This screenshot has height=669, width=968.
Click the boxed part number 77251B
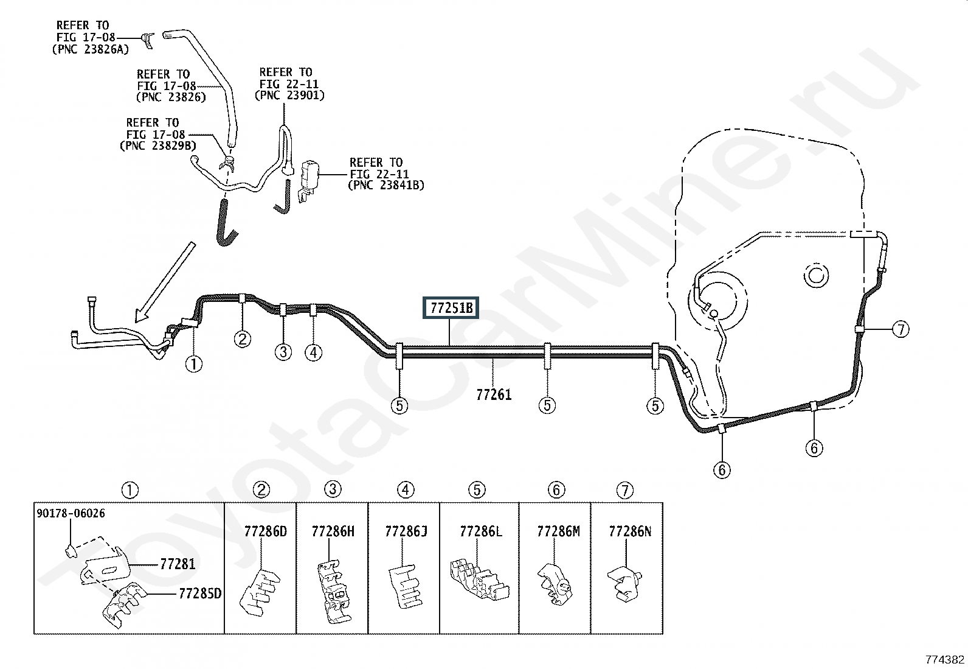(451, 307)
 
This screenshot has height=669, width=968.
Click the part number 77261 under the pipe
(494, 394)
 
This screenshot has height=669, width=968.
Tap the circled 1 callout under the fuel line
(193, 364)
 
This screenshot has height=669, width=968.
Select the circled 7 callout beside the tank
(901, 329)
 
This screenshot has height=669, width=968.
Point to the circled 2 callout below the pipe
(243, 339)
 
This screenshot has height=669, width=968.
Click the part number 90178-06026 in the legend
(71, 513)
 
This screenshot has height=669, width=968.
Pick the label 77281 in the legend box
(178, 564)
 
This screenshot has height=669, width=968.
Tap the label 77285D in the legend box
(200, 594)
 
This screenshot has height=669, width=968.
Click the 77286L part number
(481, 531)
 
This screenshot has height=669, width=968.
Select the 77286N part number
(630, 531)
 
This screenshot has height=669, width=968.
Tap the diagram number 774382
(945, 659)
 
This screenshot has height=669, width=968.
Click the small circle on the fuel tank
(816, 275)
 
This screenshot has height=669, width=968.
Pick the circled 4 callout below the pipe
(313, 352)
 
